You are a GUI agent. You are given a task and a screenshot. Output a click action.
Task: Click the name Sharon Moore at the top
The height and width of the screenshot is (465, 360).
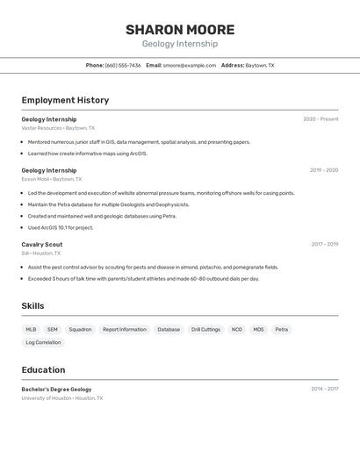180,30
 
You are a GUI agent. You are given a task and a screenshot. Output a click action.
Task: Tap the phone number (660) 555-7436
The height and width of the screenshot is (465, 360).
123,65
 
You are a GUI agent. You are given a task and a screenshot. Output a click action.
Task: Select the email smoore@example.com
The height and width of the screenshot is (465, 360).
189,65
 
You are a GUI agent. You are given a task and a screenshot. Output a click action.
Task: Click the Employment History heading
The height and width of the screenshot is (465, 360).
65,100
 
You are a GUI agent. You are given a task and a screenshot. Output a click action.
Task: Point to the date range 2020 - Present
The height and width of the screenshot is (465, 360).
320,119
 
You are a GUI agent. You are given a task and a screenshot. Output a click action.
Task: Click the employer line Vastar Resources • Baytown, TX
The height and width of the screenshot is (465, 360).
58,128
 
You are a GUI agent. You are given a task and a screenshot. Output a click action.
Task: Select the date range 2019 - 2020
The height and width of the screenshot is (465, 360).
323,170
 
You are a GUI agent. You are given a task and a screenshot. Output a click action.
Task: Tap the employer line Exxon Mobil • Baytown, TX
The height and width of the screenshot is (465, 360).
53,179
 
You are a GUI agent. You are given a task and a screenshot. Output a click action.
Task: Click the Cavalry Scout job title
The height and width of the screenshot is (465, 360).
42,245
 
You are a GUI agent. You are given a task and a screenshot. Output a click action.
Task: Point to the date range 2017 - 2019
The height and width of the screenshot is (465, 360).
324,245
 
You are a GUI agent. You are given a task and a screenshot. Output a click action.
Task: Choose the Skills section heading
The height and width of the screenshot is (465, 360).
33,306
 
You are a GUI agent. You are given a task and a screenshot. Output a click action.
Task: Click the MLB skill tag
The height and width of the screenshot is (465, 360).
31,330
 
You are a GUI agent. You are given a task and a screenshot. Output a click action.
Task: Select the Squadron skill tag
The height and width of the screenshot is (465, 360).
80,330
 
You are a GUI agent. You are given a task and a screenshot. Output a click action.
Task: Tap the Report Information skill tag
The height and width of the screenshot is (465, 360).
125,330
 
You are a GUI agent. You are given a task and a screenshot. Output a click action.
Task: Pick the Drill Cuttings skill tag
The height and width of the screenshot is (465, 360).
205,330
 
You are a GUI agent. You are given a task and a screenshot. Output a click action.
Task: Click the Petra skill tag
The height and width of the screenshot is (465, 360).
281,330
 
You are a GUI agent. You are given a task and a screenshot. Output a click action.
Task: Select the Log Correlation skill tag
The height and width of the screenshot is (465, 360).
43,343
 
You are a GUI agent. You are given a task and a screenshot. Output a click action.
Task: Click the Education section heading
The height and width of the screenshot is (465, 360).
43,369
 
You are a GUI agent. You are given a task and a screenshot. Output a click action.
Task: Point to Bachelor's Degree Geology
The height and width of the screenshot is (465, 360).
56,389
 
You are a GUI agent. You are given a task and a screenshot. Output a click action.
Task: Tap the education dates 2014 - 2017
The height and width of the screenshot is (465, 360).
324,389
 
